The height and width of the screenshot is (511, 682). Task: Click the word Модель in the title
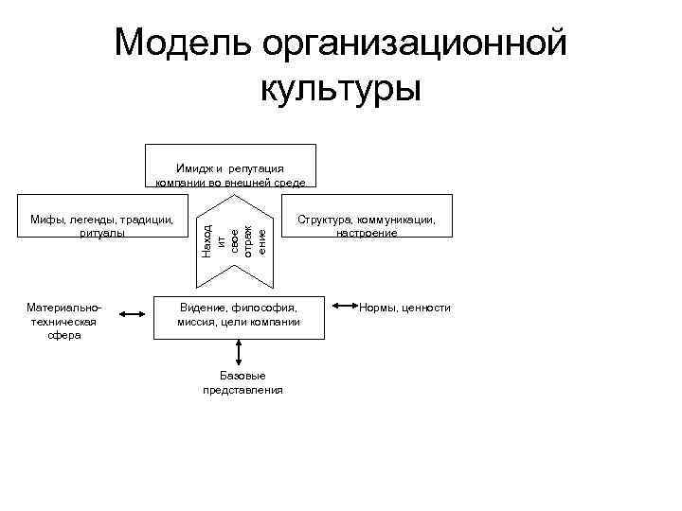pos(183,43)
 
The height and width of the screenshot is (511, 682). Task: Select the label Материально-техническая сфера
pos(65,322)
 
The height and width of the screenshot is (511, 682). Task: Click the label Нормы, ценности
pos(405,308)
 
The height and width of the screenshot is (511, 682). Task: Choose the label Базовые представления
pos(242,382)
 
